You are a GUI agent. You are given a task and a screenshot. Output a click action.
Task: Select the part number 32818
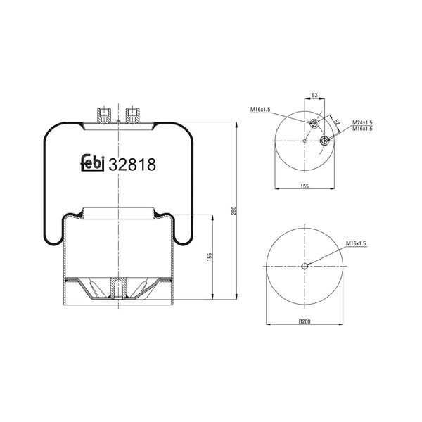pyautogui.click(x=132, y=163)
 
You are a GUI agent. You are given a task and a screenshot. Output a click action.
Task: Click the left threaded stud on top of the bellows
pyautogui.click(x=104, y=113)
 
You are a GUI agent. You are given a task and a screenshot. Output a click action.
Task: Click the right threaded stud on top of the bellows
pyautogui.click(x=132, y=113)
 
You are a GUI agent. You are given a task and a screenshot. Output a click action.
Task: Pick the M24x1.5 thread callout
pyautogui.click(x=362, y=122)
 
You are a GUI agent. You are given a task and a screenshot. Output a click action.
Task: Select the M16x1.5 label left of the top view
pyautogui.click(x=261, y=109)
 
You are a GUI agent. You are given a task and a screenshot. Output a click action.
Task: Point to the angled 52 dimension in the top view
pyautogui.click(x=336, y=122)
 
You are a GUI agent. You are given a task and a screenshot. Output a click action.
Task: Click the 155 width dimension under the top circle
pyautogui.click(x=304, y=186)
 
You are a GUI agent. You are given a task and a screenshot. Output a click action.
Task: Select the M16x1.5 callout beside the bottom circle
pyautogui.click(x=357, y=243)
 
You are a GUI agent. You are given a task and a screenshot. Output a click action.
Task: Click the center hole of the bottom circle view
pyautogui.click(x=305, y=266)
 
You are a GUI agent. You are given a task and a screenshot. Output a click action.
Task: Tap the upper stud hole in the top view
pyautogui.click(x=314, y=124)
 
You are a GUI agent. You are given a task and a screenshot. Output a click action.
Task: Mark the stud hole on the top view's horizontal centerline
pyautogui.click(x=325, y=141)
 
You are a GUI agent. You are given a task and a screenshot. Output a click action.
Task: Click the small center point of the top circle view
pyautogui.click(x=305, y=141)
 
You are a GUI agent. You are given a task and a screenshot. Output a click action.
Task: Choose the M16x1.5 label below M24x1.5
pyautogui.click(x=362, y=129)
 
